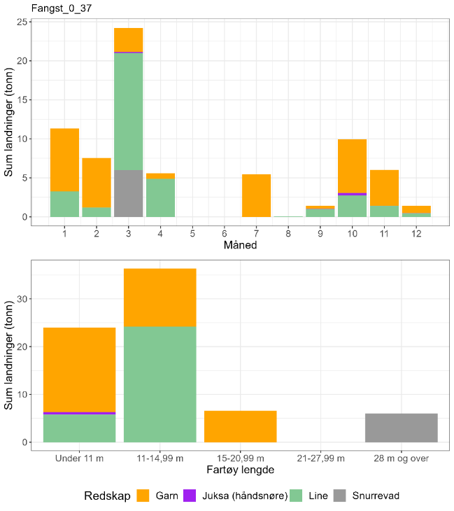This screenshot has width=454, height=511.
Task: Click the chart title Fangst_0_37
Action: coord(62,8)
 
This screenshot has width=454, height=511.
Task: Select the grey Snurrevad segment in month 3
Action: coord(129,193)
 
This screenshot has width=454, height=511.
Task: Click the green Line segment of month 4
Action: coord(160,198)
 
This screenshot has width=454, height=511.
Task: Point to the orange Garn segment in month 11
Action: coord(384,188)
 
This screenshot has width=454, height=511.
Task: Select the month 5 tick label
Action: coord(192,232)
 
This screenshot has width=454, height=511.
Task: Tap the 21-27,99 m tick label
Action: coord(320,458)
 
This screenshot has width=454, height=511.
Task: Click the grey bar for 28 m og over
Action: coord(401,428)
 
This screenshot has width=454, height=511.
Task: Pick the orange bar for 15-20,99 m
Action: coord(240,426)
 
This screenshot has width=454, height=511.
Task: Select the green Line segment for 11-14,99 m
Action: coord(160,384)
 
